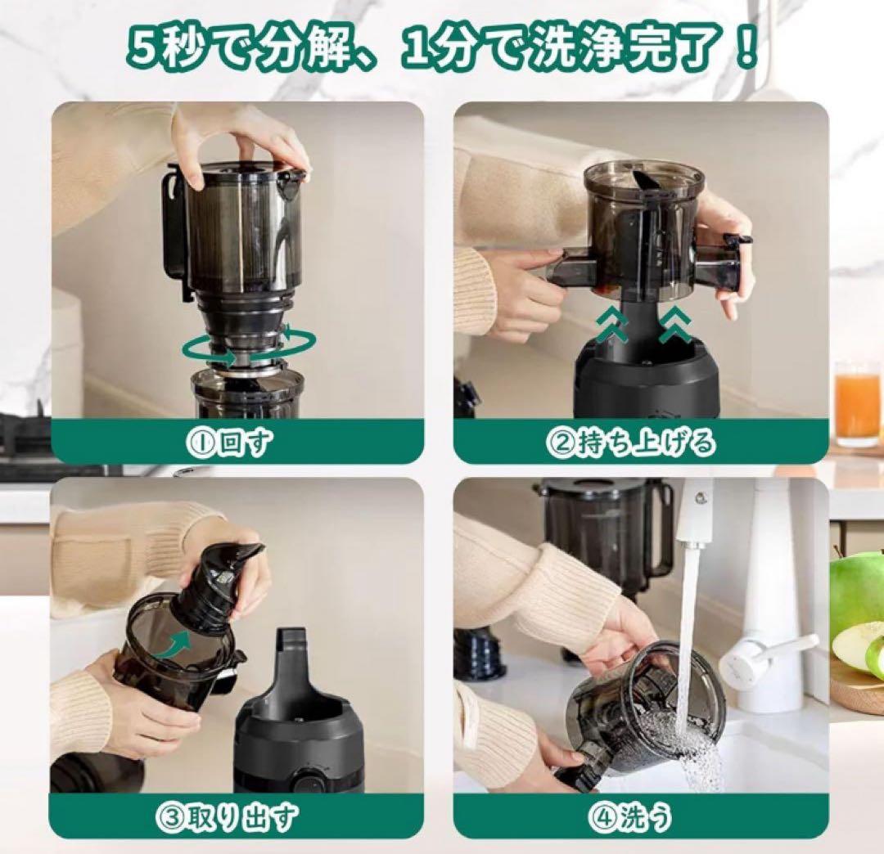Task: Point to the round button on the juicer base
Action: pyautogui.click(x=307, y=781)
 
